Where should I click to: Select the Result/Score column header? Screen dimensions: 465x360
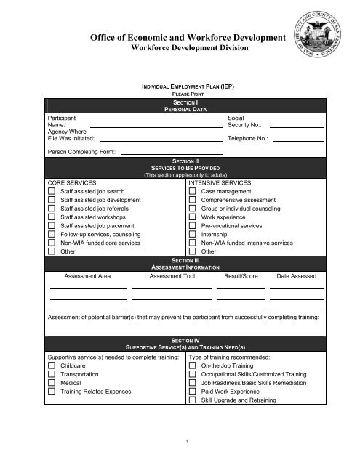pyautogui.click(x=243, y=277)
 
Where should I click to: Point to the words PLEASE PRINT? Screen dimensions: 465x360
pyautogui.click(x=180, y=95)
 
